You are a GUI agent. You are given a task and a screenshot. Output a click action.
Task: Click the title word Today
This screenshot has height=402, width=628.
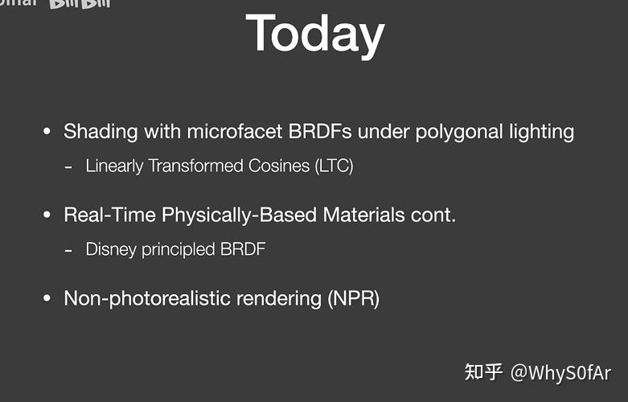[x=314, y=34]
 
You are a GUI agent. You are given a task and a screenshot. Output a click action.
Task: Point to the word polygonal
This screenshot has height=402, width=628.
[x=451, y=132]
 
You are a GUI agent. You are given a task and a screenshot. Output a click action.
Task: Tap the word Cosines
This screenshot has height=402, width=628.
[x=269, y=166]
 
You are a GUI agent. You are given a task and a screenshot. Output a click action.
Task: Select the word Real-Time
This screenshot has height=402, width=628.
[x=110, y=215]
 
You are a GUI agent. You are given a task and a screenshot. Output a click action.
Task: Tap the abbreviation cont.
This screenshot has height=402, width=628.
[x=436, y=215]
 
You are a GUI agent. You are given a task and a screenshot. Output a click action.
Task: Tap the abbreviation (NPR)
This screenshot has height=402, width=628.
[x=353, y=298]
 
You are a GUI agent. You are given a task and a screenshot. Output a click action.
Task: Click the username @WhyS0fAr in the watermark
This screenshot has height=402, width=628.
[x=560, y=372]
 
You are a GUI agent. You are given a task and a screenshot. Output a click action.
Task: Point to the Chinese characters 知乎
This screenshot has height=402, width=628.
[x=484, y=372]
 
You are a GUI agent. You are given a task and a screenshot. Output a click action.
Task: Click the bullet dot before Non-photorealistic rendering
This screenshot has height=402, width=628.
[x=47, y=298]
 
